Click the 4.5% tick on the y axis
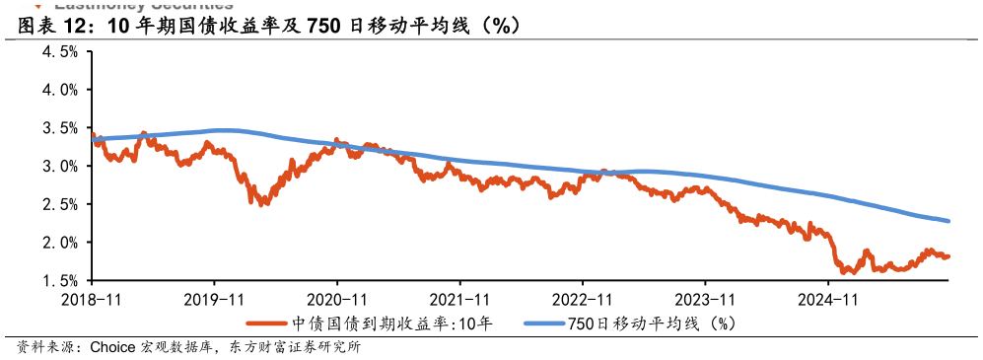[59, 51]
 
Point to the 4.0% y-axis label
[59, 90]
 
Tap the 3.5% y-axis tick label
[59, 128]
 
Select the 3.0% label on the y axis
[59, 166]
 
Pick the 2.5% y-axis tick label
[59, 204]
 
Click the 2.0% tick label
[59, 243]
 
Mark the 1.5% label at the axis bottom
[59, 281]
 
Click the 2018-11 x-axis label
[92, 298]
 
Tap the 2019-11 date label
[215, 298]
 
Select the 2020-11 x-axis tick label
[337, 298]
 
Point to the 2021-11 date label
[460, 298]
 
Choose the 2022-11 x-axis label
[583, 298]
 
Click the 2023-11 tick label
[706, 298]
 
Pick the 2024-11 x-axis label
[828, 298]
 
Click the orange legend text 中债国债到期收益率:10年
[391, 323]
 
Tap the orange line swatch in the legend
[266, 323]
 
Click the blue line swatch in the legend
[542, 323]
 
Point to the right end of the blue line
[948, 220]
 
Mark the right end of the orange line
[948, 256]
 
